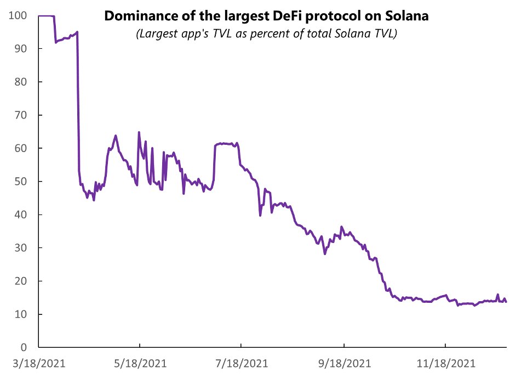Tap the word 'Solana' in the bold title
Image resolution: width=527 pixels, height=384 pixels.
click(x=406, y=16)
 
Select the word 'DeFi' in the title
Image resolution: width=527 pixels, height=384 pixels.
click(x=291, y=16)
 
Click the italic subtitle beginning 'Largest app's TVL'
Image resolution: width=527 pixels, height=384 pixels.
click(x=266, y=34)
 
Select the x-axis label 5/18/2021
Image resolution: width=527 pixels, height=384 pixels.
click(x=140, y=363)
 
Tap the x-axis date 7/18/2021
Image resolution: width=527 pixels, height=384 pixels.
click(x=242, y=363)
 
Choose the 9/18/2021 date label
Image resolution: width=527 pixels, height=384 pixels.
click(x=343, y=363)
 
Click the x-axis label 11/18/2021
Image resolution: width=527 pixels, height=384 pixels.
click(x=445, y=363)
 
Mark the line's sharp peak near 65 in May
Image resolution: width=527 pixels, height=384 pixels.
click(x=139, y=132)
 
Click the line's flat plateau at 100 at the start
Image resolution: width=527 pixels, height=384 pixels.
click(x=46, y=16)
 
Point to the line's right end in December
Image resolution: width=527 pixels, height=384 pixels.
click(x=506, y=302)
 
